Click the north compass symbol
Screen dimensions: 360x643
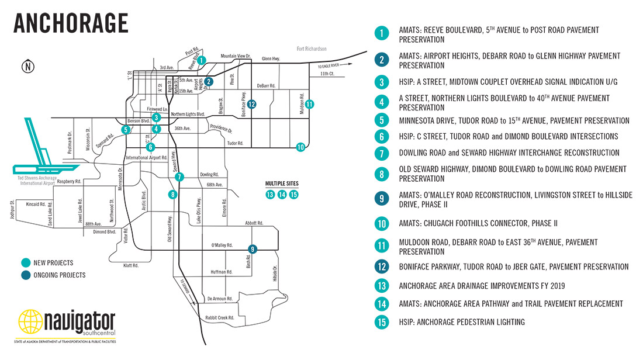pyautogui.click(x=26, y=66)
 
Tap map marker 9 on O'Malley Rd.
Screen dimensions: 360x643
pyautogui.click(x=253, y=249)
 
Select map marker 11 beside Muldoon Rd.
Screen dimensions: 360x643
pyautogui.click(x=309, y=104)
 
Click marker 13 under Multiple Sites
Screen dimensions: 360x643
pyautogui.click(x=269, y=195)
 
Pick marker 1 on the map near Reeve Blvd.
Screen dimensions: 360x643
pyautogui.click(x=201, y=60)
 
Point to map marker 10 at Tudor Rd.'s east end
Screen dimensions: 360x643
pyautogui.click(x=300, y=147)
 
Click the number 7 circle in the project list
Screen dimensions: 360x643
pyautogui.click(x=382, y=153)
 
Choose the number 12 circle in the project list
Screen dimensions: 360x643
pyautogui.click(x=382, y=266)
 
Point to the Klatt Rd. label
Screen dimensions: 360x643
pyautogui.click(x=131, y=265)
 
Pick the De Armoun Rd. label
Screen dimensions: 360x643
pyautogui.click(x=220, y=299)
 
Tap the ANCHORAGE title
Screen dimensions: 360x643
pyautogui.click(x=70, y=23)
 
